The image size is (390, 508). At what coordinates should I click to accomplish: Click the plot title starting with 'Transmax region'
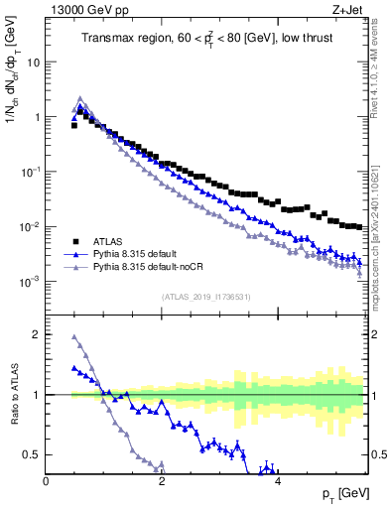pos(206,39)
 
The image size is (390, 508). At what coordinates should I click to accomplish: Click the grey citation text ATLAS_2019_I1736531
pos(206,296)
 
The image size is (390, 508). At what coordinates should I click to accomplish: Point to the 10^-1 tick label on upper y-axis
pos(30,172)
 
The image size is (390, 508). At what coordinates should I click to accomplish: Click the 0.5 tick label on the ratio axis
pos(30,454)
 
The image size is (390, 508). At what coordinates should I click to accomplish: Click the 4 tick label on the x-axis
pos(278,481)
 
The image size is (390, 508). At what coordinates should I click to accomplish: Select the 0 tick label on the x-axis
pos(46,481)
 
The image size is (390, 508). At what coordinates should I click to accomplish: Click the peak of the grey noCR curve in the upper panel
pos(80,98)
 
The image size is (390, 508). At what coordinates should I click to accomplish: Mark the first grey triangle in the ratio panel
pos(74,337)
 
